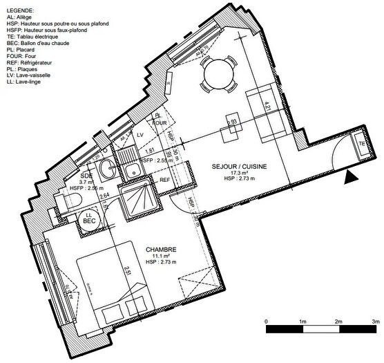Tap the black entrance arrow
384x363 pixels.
[351, 178]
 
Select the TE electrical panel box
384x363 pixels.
[361, 144]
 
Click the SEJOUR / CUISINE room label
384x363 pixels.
[238, 167]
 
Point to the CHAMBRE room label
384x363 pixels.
[161, 250]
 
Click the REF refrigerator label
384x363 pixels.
[164, 180]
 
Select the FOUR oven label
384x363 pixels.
[160, 122]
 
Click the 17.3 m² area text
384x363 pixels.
[238, 175]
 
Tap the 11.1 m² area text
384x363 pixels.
[161, 257]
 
